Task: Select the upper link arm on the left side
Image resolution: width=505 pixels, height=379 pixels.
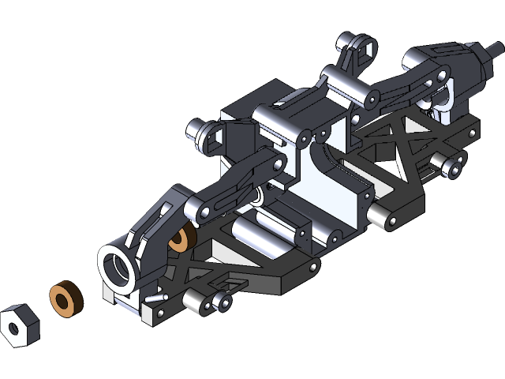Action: [x=237, y=183]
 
